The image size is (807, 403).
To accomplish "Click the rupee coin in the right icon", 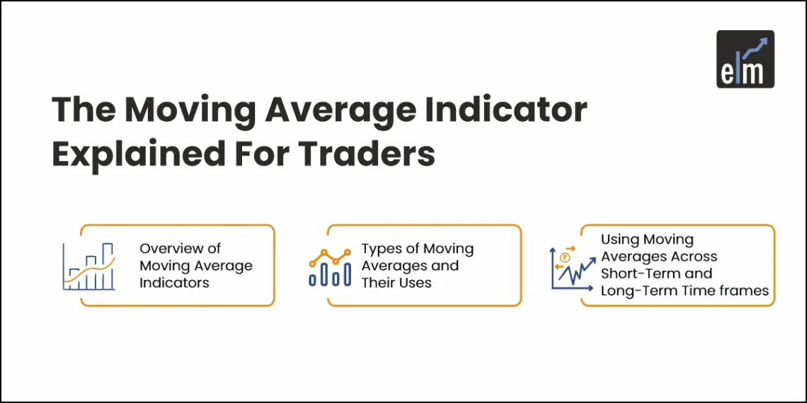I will coord(564,258).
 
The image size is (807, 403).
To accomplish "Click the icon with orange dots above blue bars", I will coord(330,267).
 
